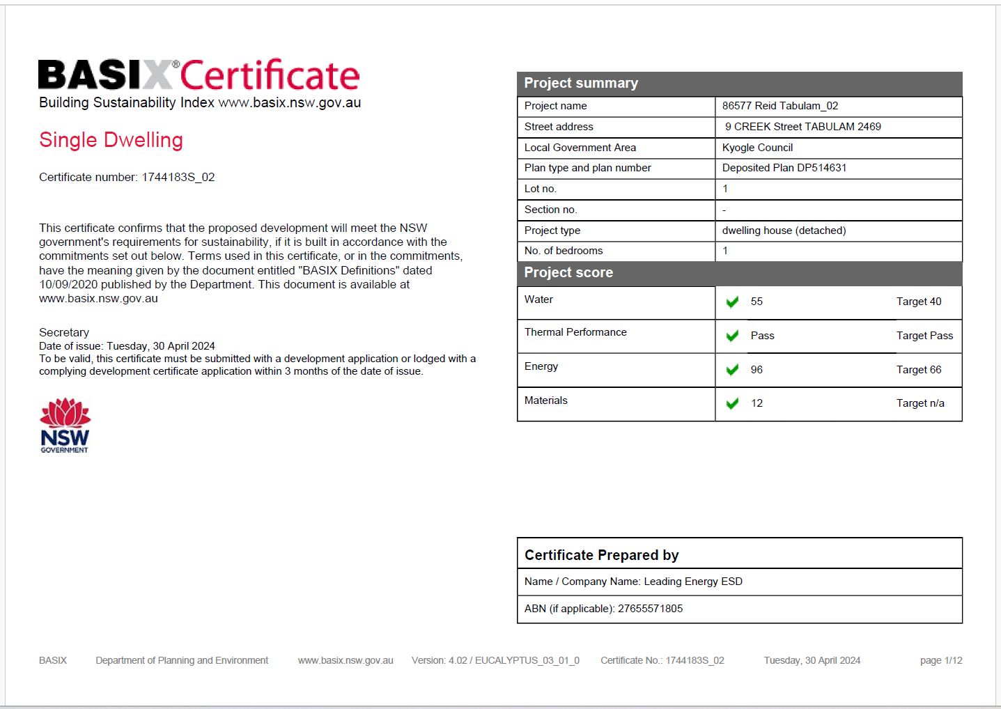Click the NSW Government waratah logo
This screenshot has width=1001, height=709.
click(65, 425)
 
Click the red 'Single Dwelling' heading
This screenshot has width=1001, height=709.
click(111, 140)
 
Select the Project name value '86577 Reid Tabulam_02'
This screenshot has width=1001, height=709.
click(779, 106)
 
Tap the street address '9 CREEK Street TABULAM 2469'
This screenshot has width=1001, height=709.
click(802, 127)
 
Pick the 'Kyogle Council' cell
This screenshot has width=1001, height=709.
click(757, 148)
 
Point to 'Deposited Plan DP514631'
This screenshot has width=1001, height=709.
click(784, 168)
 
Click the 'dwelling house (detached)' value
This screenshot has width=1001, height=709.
click(784, 231)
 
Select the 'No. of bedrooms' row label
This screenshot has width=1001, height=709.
click(564, 251)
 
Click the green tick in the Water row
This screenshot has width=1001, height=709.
click(732, 302)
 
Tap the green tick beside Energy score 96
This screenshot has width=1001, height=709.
click(732, 370)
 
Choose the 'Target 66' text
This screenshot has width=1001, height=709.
click(918, 370)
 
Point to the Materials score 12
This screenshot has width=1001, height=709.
click(756, 403)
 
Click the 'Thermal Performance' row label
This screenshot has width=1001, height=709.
click(575, 332)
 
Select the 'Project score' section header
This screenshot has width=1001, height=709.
click(568, 272)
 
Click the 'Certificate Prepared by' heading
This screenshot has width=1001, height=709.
click(601, 555)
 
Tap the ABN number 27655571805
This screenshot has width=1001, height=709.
click(650, 609)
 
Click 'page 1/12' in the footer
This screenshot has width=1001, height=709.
click(940, 660)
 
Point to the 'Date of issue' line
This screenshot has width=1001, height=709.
click(127, 346)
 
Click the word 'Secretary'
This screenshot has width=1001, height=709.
click(64, 332)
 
